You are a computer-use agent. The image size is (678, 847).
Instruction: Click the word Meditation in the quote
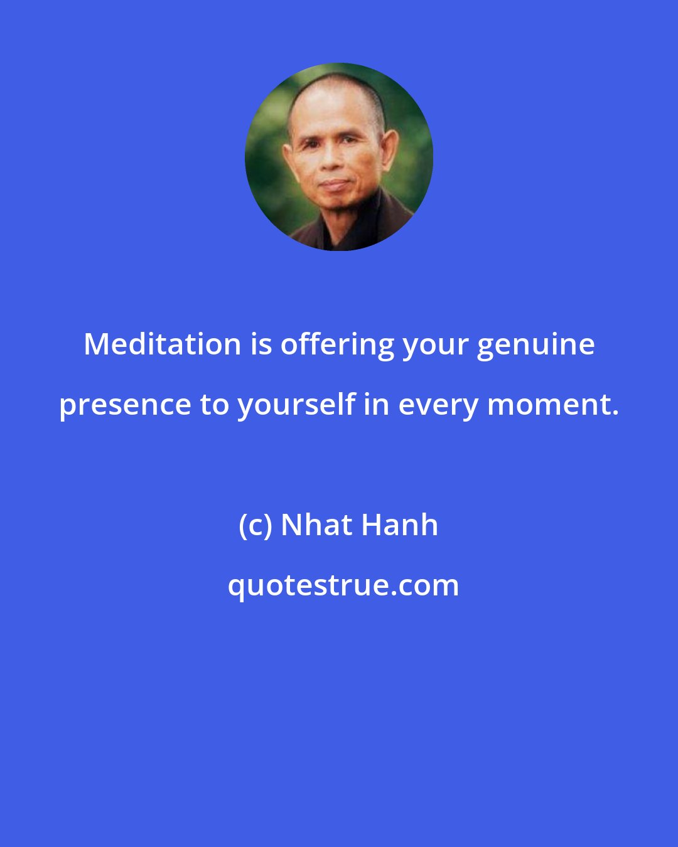[162, 344]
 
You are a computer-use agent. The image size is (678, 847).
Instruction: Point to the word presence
[125, 405]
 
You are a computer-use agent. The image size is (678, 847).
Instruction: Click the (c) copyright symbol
[255, 526]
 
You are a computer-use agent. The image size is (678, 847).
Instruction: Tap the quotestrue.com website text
[343, 586]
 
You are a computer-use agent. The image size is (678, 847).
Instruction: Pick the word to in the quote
[213, 405]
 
